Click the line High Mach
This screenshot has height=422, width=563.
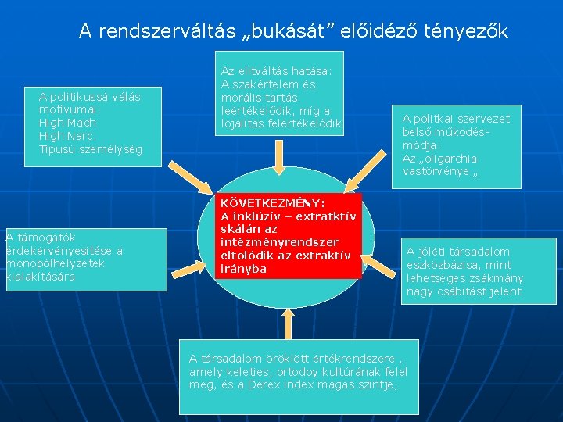(67, 123)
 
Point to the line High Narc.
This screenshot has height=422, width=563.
(67, 136)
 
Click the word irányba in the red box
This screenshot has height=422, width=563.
(244, 268)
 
